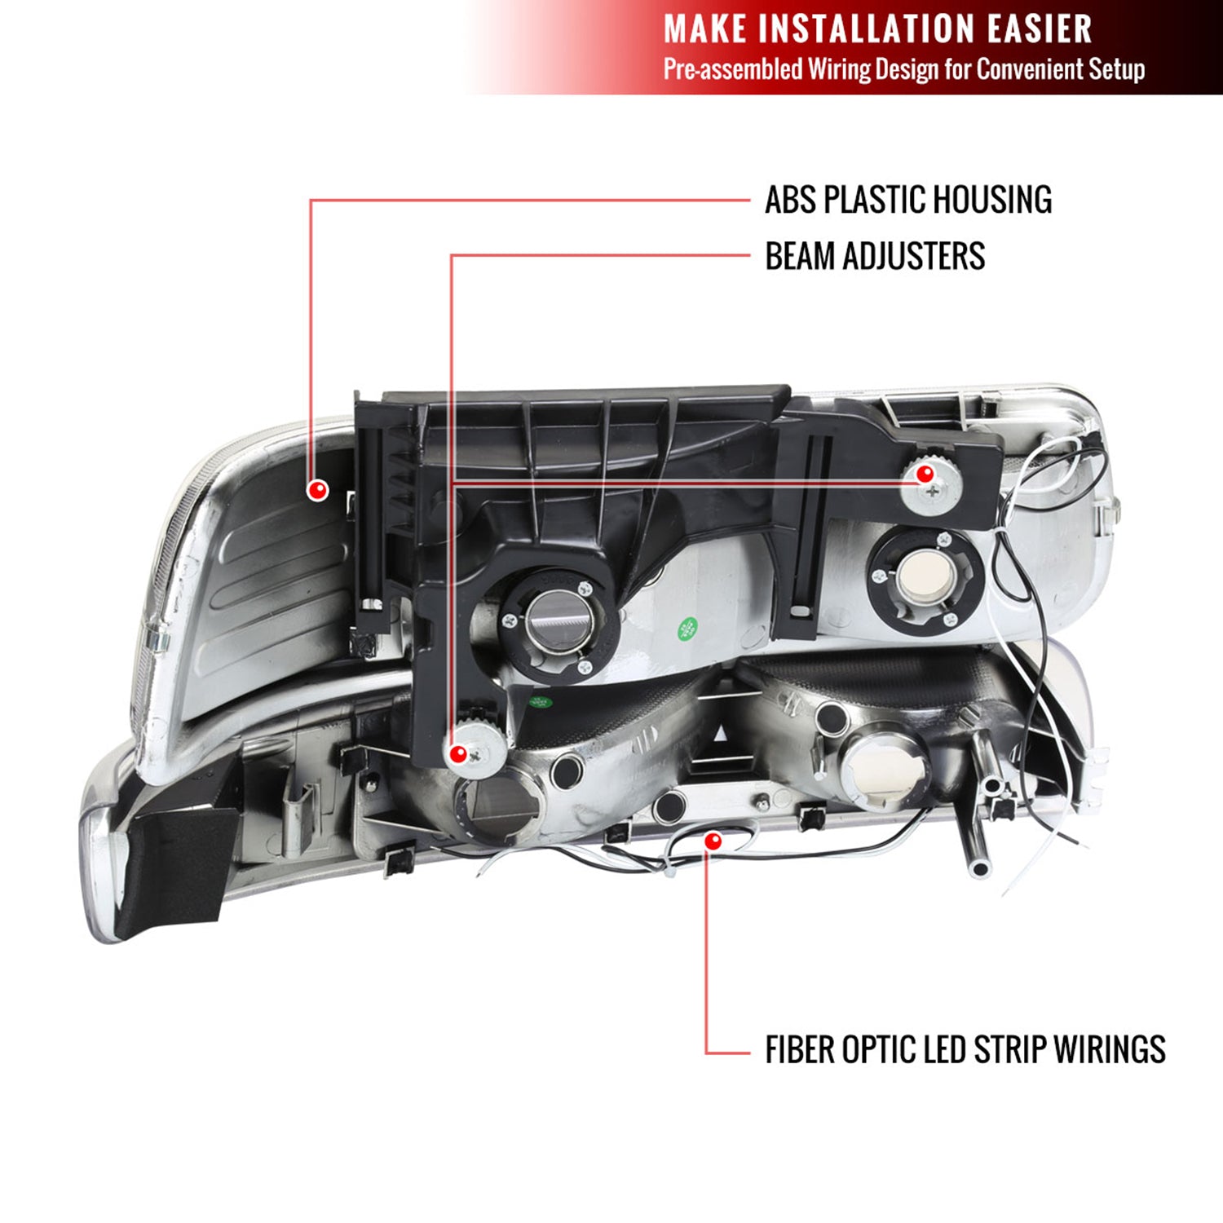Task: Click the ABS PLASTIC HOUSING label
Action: pos(907,200)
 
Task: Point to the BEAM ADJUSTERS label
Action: pos(874,256)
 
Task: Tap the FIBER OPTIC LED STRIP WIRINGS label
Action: pos(965,1049)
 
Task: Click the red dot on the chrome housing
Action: pos(317,489)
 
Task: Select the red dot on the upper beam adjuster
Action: pos(925,474)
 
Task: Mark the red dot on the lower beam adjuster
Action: pos(458,754)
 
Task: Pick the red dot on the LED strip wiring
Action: pos(713,841)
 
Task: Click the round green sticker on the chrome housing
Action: pos(687,629)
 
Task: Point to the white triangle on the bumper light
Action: pos(721,735)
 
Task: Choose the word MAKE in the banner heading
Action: pos(704,29)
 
